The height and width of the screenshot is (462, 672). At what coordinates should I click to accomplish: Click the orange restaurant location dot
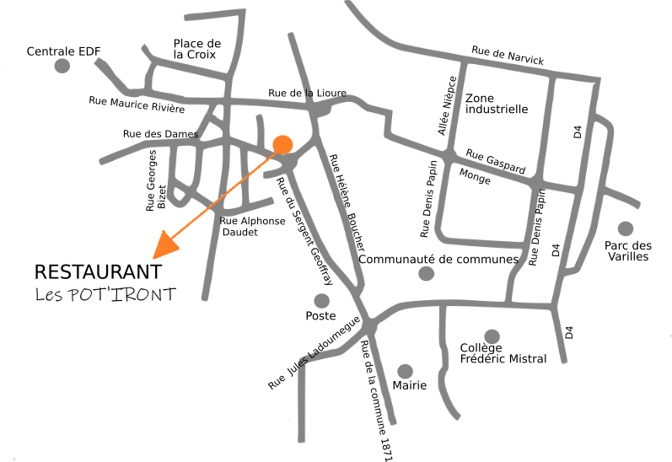point(282,145)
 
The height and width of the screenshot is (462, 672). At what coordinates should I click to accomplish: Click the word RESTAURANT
point(97,272)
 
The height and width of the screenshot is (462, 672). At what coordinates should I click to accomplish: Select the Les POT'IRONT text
point(105,294)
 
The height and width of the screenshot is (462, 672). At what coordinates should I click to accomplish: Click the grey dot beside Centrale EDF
point(62,67)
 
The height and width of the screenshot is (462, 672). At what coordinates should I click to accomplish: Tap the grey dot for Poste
point(321,300)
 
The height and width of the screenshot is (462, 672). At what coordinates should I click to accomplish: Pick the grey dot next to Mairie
point(405,371)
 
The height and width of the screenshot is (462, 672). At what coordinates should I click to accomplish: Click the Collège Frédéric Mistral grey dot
point(492,336)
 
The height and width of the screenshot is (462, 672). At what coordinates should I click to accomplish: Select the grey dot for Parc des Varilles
point(625,228)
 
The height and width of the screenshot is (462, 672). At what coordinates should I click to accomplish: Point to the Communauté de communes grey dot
point(426,273)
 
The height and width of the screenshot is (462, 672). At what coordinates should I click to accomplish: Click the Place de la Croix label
point(196,49)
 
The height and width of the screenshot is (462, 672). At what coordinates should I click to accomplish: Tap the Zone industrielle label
point(497,104)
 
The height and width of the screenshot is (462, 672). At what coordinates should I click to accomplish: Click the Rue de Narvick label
point(508,56)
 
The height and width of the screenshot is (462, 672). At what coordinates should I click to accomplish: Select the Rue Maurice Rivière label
point(137,104)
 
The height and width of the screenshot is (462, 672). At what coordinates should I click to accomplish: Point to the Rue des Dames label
point(160,133)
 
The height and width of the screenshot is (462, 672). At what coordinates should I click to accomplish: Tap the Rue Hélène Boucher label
point(348,201)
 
